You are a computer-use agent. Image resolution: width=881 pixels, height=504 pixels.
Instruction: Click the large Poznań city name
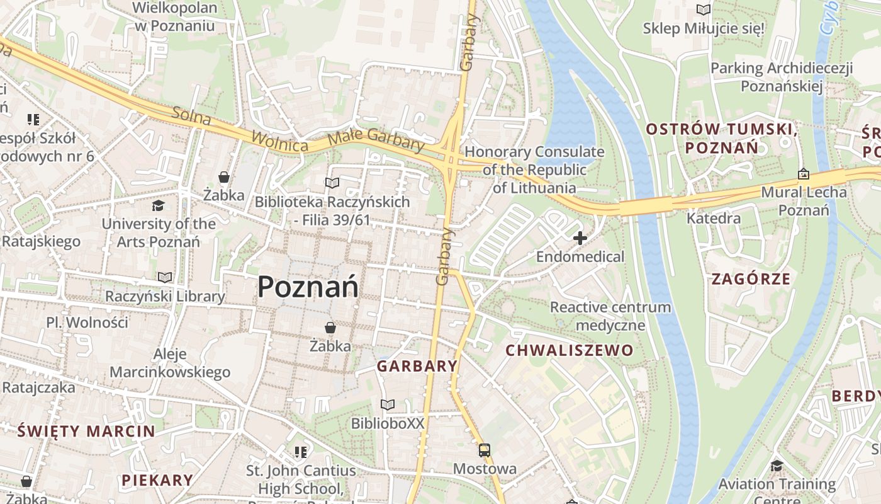pyautogui.click(x=308, y=287)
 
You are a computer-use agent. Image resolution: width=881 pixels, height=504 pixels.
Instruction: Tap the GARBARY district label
pyautogui.click(x=417, y=366)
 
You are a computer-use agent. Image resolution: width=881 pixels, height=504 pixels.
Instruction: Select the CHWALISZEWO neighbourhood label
pyautogui.click(x=570, y=350)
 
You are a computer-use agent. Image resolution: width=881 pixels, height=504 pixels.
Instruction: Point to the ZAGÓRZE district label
pyautogui.click(x=751, y=278)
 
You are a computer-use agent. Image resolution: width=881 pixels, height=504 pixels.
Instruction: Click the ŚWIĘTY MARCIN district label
pyautogui.click(x=86, y=432)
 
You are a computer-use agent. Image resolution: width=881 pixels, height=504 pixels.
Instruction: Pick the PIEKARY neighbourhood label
pyautogui.click(x=157, y=480)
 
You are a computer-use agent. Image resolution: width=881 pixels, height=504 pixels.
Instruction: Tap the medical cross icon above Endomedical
pyautogui.click(x=580, y=238)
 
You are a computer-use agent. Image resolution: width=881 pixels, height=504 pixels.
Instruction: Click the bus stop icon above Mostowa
pyautogui.click(x=485, y=450)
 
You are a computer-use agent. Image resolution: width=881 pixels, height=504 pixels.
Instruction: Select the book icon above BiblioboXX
pyautogui.click(x=388, y=404)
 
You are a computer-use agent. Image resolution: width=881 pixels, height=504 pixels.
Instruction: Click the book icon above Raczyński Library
pyautogui.click(x=165, y=277)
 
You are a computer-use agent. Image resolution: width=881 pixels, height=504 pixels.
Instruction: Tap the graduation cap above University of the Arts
pyautogui.click(x=158, y=205)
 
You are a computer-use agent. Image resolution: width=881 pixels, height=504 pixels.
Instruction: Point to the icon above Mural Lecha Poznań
pyautogui.click(x=804, y=174)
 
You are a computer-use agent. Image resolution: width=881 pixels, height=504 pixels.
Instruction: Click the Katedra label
pyautogui.click(x=713, y=219)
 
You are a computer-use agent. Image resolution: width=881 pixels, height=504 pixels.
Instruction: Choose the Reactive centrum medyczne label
pyautogui.click(x=610, y=316)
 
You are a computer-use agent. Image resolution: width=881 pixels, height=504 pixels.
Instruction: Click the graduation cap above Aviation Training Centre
pyautogui.click(x=777, y=466)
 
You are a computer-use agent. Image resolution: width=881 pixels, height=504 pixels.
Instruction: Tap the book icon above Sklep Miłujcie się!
pyautogui.click(x=703, y=10)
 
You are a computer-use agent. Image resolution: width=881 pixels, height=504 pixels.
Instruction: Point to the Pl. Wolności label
pyautogui.click(x=87, y=323)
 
